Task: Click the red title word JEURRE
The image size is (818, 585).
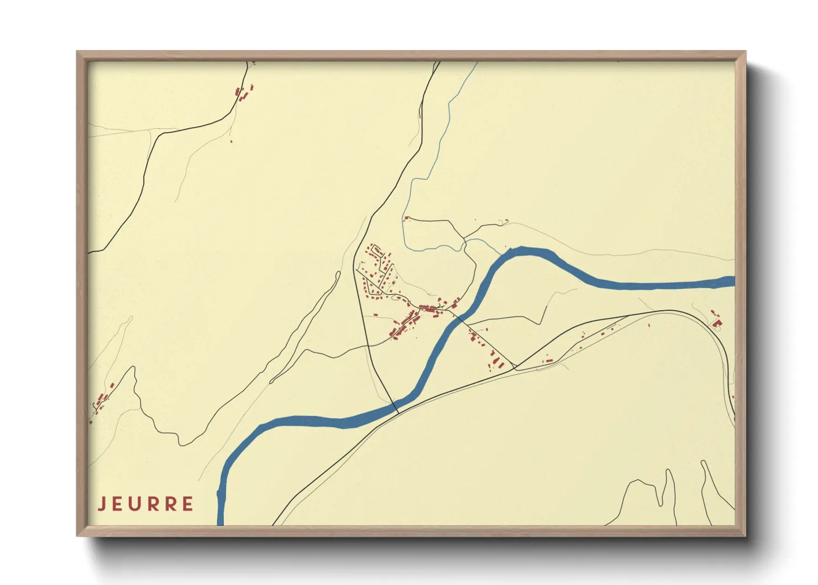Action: (x=146, y=504)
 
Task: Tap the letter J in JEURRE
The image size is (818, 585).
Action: (x=102, y=504)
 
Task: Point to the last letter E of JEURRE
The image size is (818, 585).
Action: (x=188, y=504)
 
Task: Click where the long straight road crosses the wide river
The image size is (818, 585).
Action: (x=396, y=409)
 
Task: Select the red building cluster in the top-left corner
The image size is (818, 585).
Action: (x=244, y=92)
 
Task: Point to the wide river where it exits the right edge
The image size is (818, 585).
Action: (x=731, y=281)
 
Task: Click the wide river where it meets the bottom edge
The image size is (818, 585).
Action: (x=221, y=520)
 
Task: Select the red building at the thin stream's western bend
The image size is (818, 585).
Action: (x=406, y=218)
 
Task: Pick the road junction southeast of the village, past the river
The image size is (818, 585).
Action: (x=515, y=367)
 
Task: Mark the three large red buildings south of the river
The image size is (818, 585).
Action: (x=497, y=362)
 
